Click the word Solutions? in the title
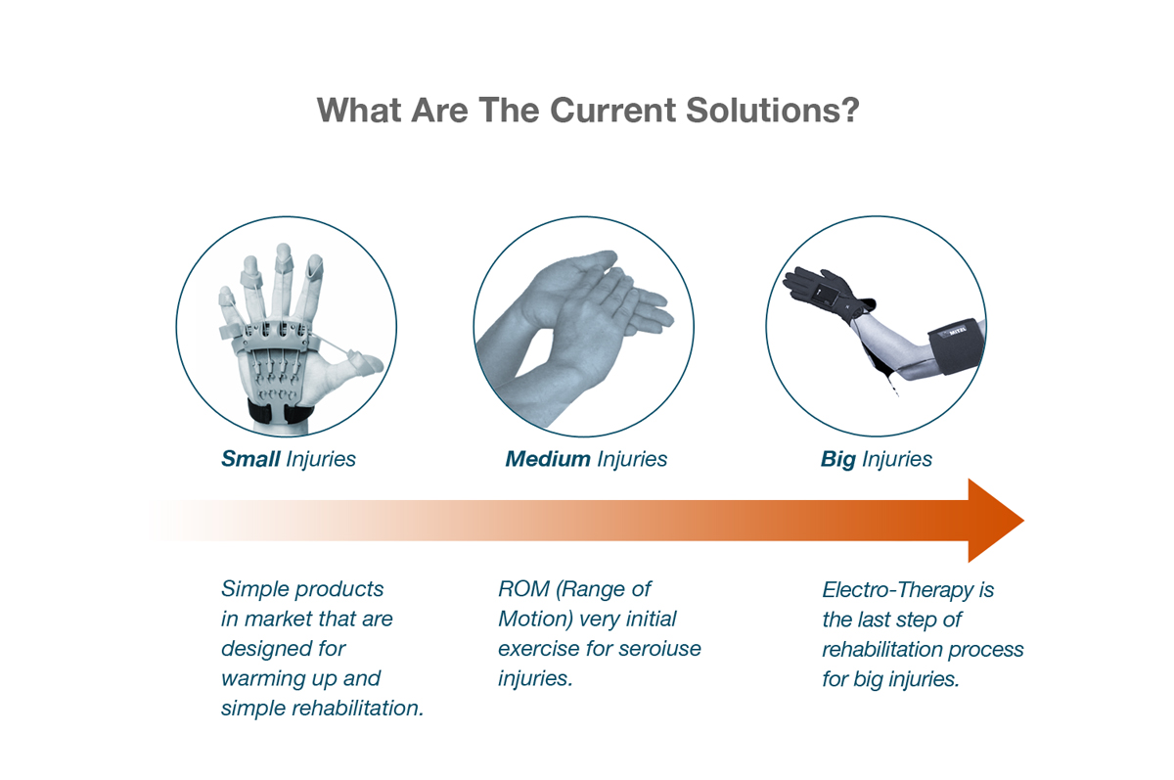(773, 111)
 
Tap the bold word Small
(250, 459)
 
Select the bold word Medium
(548, 459)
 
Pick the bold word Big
(838, 460)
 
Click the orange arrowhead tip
(1023, 521)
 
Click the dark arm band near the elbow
(955, 346)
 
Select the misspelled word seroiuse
(659, 649)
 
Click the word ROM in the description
(523, 589)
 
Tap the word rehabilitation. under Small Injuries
(357, 709)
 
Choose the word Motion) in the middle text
(536, 619)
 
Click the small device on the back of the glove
(824, 298)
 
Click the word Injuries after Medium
(632, 460)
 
